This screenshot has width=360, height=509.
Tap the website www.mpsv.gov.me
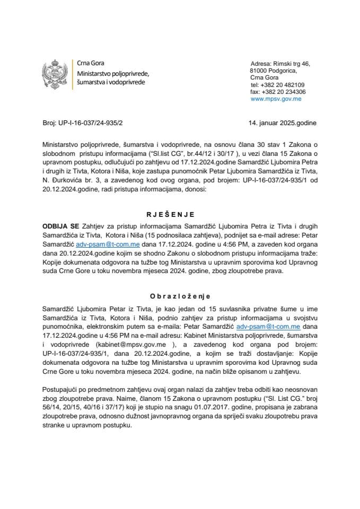[276, 99]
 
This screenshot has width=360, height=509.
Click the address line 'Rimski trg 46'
[291, 63]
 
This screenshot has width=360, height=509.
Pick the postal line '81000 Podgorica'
[273, 71]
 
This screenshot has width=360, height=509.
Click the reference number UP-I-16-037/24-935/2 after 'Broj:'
[91, 123]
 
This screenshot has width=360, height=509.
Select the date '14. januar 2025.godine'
[283, 123]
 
